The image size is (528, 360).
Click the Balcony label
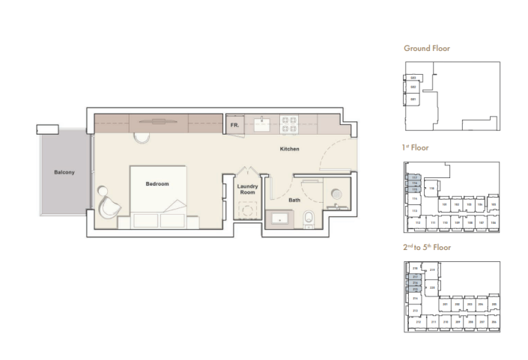pyautogui.click(x=64, y=173)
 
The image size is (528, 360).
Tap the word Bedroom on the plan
pyautogui.click(x=157, y=184)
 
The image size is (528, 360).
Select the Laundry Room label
pyautogui.click(x=247, y=189)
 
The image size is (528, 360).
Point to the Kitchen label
pyautogui.click(x=290, y=149)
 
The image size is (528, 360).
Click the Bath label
pyautogui.click(x=294, y=200)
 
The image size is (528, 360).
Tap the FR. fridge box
pyautogui.click(x=234, y=125)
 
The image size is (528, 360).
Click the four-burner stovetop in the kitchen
pyautogui.click(x=289, y=122)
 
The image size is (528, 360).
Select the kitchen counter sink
pyautogui.click(x=262, y=123)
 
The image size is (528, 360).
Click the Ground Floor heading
pyautogui.click(x=427, y=49)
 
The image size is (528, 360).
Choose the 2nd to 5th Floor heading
pyautogui.click(x=428, y=248)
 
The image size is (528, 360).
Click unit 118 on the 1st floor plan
pyautogui.click(x=432, y=189)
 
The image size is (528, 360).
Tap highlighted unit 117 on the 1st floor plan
pyautogui.click(x=414, y=177)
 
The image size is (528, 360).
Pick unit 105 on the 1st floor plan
pyautogui.click(x=494, y=204)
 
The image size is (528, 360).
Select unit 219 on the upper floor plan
pyautogui.click(x=432, y=270)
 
